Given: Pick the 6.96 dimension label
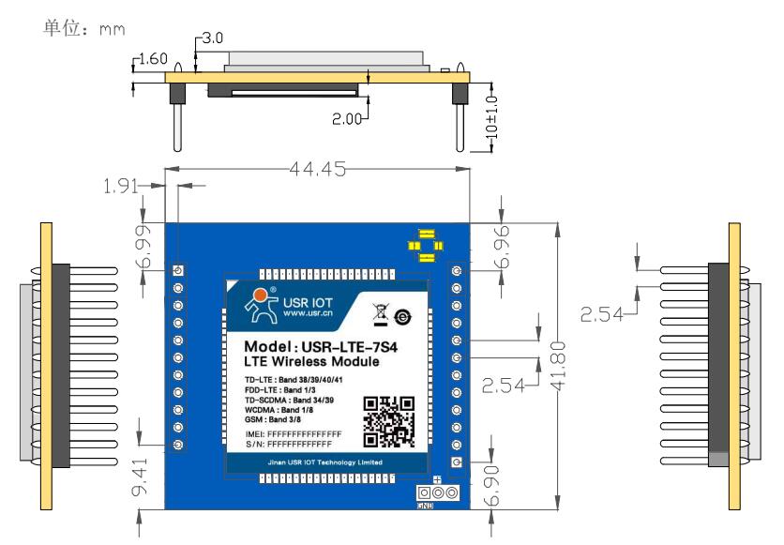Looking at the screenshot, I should coord(502,250).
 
